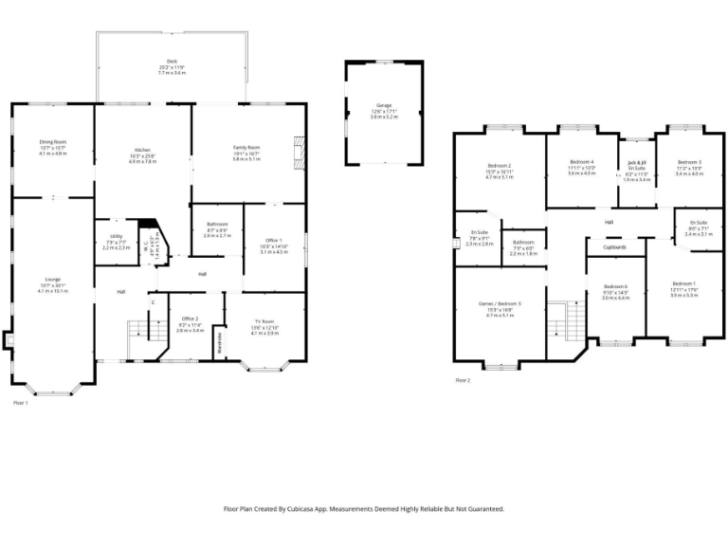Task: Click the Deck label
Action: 171,63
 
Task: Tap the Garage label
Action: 384,105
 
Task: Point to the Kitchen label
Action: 142,151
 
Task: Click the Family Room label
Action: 246,148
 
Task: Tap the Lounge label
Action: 52,280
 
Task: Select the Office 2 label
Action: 190,318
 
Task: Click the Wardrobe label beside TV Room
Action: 220,340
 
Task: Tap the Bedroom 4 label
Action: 581,162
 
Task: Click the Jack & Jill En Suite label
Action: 638,165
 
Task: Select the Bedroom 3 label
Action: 688,162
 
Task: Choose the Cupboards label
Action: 613,247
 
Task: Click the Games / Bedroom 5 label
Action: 499,303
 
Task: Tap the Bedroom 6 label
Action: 615,286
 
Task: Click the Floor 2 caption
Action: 462,380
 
